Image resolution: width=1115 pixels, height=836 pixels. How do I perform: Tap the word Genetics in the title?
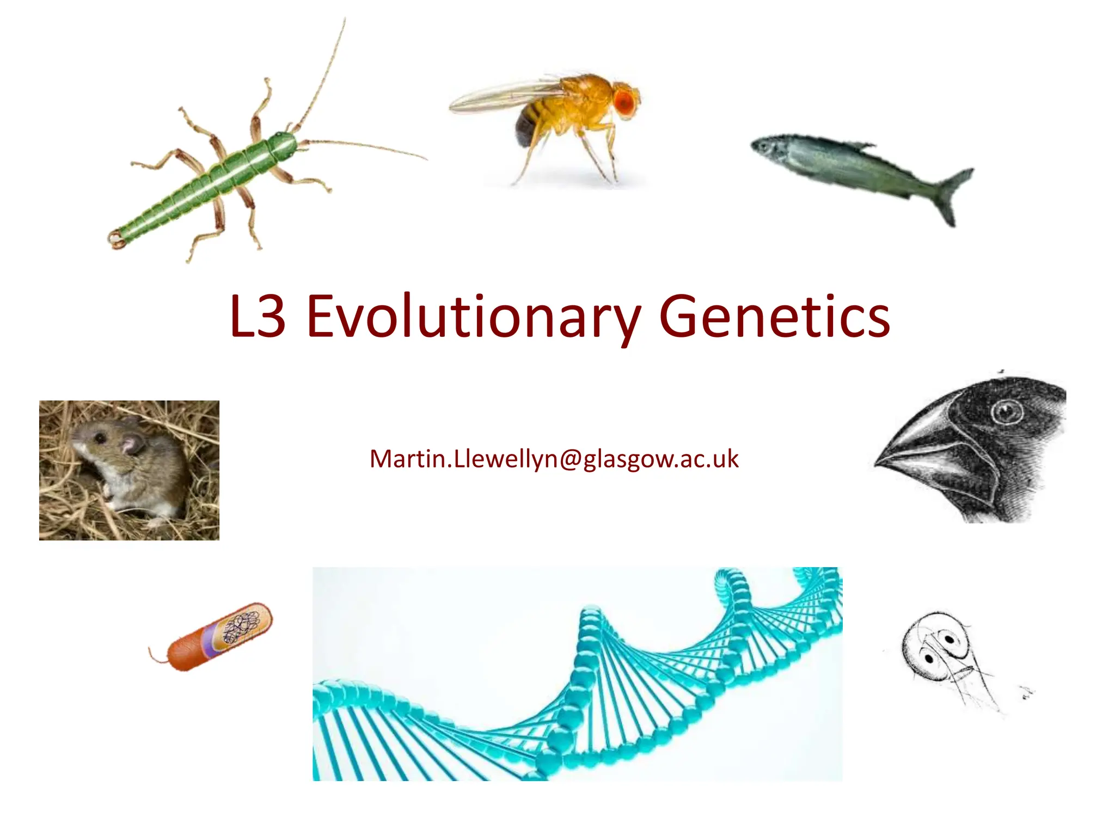(774, 317)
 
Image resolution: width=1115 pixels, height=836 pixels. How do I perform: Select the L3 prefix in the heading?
(258, 317)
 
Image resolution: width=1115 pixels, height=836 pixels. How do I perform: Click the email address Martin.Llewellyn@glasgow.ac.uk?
(554, 459)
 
